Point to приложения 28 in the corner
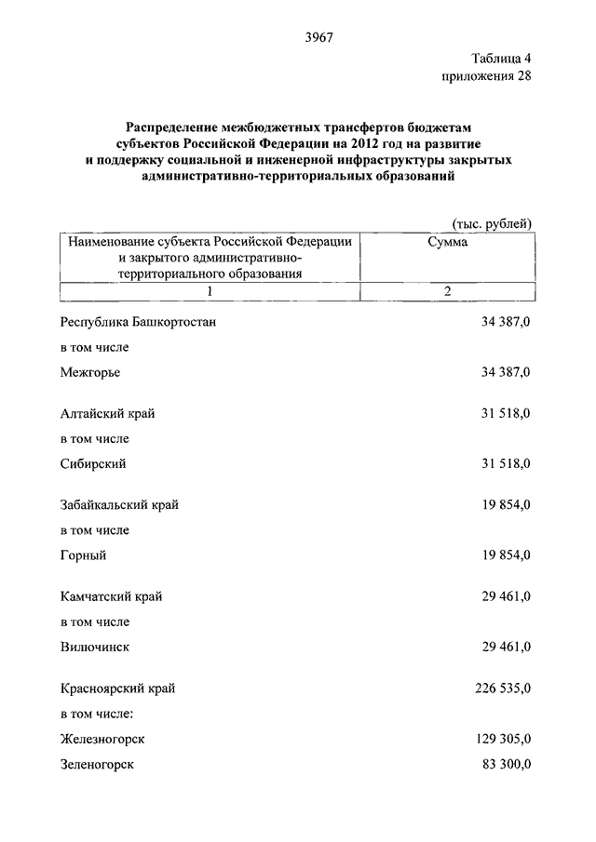(485, 76)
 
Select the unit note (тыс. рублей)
(491, 223)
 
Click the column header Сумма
(448, 241)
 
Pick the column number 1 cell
(210, 292)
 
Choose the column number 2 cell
(448, 292)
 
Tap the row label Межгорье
(90, 372)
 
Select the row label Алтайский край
(107, 414)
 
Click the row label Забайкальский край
(119, 505)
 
